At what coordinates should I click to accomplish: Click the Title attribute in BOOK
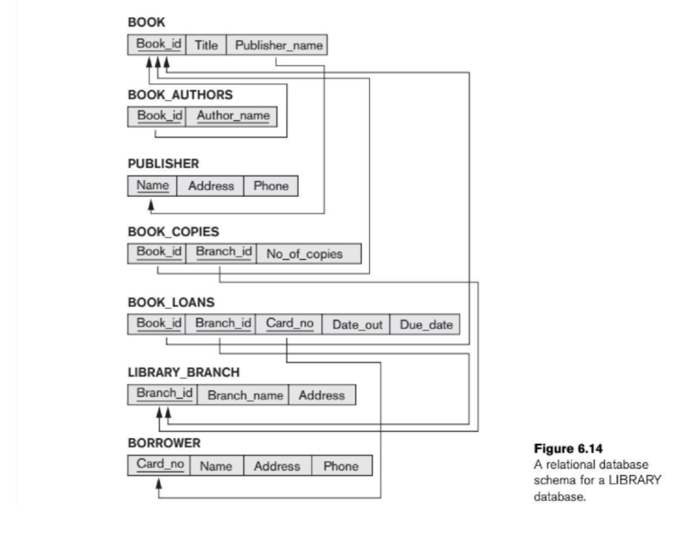click(206, 45)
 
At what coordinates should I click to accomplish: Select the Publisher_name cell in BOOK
click(278, 45)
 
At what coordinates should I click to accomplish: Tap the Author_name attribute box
click(233, 116)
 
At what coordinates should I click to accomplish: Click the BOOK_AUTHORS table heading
click(180, 95)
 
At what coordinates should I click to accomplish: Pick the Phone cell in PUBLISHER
click(271, 186)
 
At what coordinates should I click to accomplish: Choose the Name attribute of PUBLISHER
click(152, 186)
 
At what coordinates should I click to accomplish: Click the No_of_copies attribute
click(304, 254)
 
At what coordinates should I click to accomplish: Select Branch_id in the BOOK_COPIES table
click(224, 252)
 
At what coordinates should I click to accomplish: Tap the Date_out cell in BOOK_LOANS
click(357, 325)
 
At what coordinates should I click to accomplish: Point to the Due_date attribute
click(426, 325)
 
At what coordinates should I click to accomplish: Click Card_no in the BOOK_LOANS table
click(289, 324)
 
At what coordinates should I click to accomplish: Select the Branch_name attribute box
click(244, 395)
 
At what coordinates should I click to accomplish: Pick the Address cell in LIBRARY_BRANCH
click(321, 395)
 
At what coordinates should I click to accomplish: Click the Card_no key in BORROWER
click(160, 464)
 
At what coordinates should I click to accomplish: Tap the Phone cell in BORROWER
click(341, 466)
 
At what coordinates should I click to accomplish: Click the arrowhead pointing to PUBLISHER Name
click(151, 205)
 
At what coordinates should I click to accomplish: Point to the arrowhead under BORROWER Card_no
click(159, 483)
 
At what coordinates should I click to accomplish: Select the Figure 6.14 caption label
click(568, 449)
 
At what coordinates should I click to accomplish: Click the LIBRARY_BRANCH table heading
click(184, 372)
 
